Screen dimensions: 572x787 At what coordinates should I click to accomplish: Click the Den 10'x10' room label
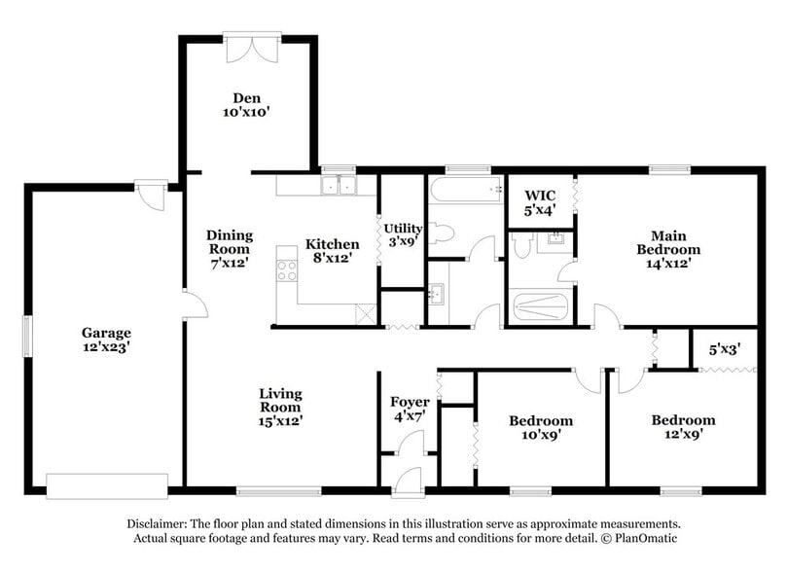245,104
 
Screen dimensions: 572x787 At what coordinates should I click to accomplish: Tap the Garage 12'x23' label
106,340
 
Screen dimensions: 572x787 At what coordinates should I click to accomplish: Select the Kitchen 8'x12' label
333,251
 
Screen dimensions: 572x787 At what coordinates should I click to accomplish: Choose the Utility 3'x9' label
402,234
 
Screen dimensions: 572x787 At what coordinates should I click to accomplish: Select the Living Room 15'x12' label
280,408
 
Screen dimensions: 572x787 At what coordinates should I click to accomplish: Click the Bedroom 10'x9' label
541,428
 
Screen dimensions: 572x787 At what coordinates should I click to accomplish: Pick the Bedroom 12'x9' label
683,427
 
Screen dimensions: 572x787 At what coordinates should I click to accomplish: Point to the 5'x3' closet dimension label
724,345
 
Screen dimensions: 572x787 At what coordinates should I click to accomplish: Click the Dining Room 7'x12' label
230,249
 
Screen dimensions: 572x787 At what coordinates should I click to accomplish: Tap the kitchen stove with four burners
286,265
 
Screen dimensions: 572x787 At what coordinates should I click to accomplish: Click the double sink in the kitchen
339,185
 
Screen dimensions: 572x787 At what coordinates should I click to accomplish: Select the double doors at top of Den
251,48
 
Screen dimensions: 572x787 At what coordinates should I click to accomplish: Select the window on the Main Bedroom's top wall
670,169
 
